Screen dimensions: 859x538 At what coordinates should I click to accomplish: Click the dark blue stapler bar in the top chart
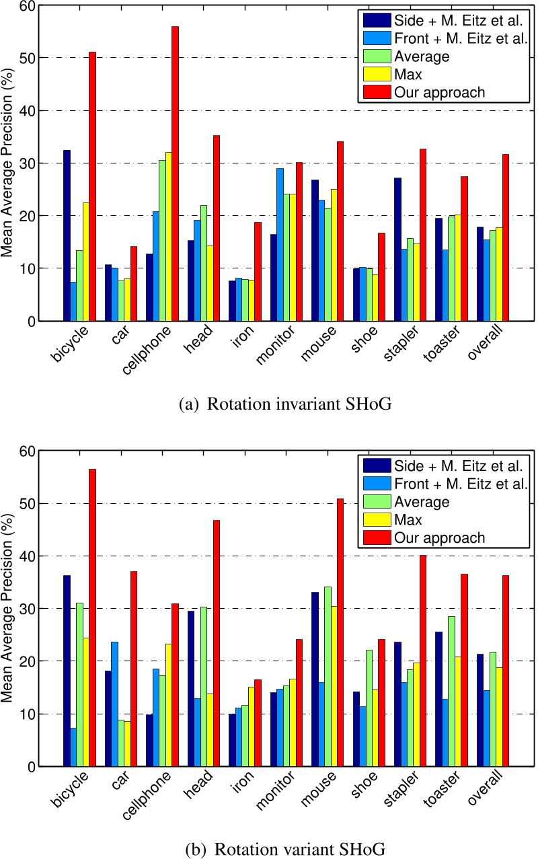tap(397, 249)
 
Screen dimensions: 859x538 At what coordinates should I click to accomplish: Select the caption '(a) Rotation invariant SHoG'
tap(269, 405)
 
